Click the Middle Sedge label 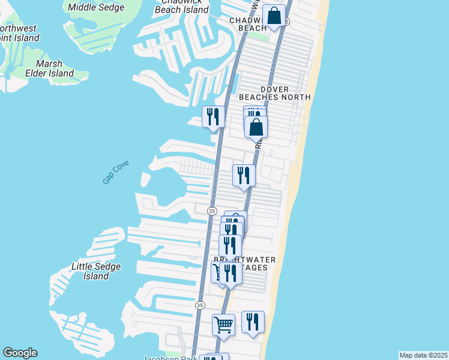96,8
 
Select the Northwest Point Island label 19,33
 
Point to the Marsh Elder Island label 54,68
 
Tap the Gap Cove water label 115,172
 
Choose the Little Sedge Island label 96,271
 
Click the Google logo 20,353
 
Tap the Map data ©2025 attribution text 423,355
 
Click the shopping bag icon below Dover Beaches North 256,127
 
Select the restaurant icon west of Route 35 213,116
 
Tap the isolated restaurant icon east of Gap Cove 244,175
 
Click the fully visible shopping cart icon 223,325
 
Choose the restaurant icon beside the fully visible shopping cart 253,322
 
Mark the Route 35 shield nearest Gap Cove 212,211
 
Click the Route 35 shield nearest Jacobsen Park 199,305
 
